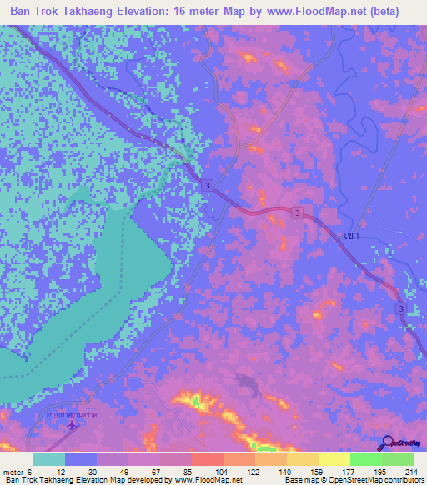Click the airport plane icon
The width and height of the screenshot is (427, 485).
click(x=72, y=424)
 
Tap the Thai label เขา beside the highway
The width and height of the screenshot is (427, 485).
click(x=350, y=236)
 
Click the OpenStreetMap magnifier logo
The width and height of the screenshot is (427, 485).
click(x=388, y=443)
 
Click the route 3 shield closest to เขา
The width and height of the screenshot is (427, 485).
click(x=298, y=214)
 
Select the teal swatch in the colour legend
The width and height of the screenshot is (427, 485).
click(x=48, y=458)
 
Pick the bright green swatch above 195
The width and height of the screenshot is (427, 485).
click(x=366, y=458)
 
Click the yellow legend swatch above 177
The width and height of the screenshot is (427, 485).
click(x=334, y=458)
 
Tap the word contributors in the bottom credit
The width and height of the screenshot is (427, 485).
click(x=402, y=479)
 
